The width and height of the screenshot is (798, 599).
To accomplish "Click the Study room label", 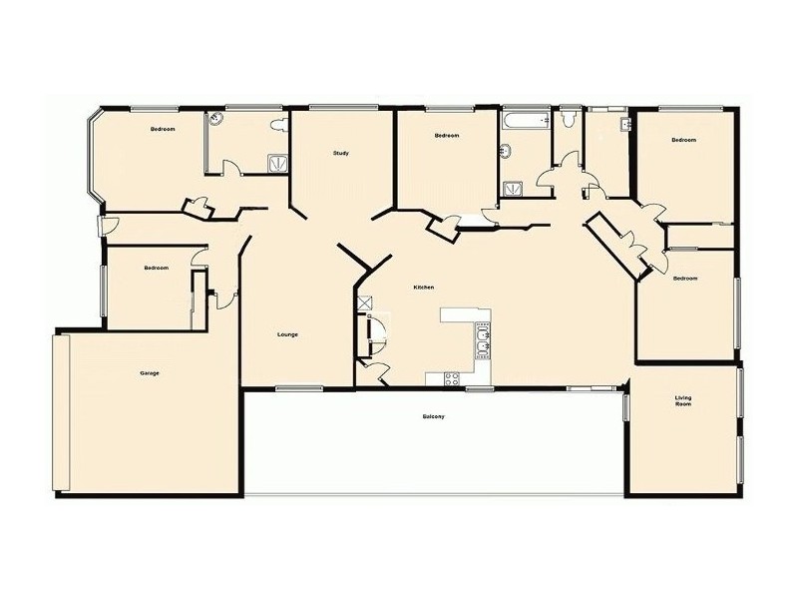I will click(340, 153).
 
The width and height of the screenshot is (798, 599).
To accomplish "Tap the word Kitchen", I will click(424, 288).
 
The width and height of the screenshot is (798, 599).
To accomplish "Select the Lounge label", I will click(287, 334).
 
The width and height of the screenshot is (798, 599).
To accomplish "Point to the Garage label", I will click(150, 373).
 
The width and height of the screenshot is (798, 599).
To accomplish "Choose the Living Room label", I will click(683, 401).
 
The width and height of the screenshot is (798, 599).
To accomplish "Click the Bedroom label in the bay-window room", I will click(163, 130).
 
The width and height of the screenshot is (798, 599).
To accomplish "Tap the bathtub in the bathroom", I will click(525, 122).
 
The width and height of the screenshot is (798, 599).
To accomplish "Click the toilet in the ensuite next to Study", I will click(281, 126).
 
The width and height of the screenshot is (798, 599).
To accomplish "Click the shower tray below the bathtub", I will click(513, 186).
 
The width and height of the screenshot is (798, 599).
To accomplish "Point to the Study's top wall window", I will click(342, 107).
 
